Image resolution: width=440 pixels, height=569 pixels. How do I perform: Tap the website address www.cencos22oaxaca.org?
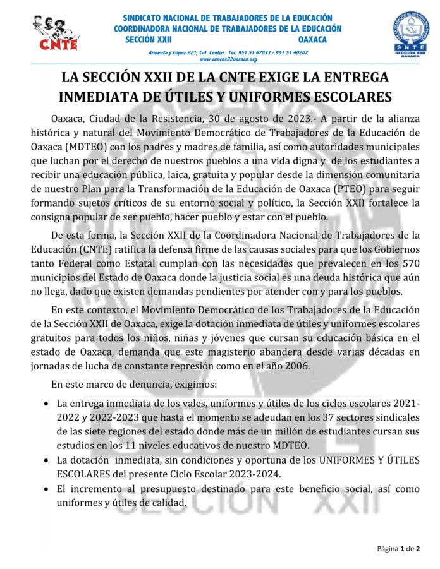pos(228,59)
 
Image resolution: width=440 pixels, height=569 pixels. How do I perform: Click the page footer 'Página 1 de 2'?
pos(398,548)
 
